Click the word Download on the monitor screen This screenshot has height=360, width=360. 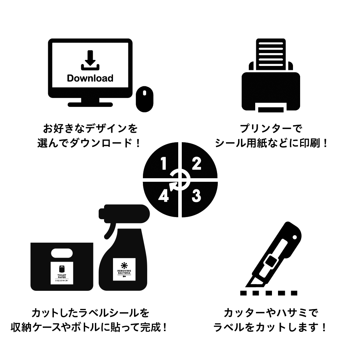click(90, 78)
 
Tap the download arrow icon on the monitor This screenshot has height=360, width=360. click(90, 61)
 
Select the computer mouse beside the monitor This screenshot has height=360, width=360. click(144, 99)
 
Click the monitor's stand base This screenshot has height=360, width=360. click(90, 104)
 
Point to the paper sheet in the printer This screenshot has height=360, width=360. click(271, 53)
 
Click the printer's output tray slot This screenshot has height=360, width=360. click(271, 109)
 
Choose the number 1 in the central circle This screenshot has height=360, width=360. click(164, 164)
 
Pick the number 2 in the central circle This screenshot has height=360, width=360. click(197, 164)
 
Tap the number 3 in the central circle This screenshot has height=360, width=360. click(196, 196)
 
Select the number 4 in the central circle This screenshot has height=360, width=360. click(163, 196)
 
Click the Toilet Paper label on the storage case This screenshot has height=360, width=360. click(62, 274)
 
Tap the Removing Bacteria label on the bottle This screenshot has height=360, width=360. click(124, 270)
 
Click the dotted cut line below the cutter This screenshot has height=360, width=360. click(269, 293)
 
